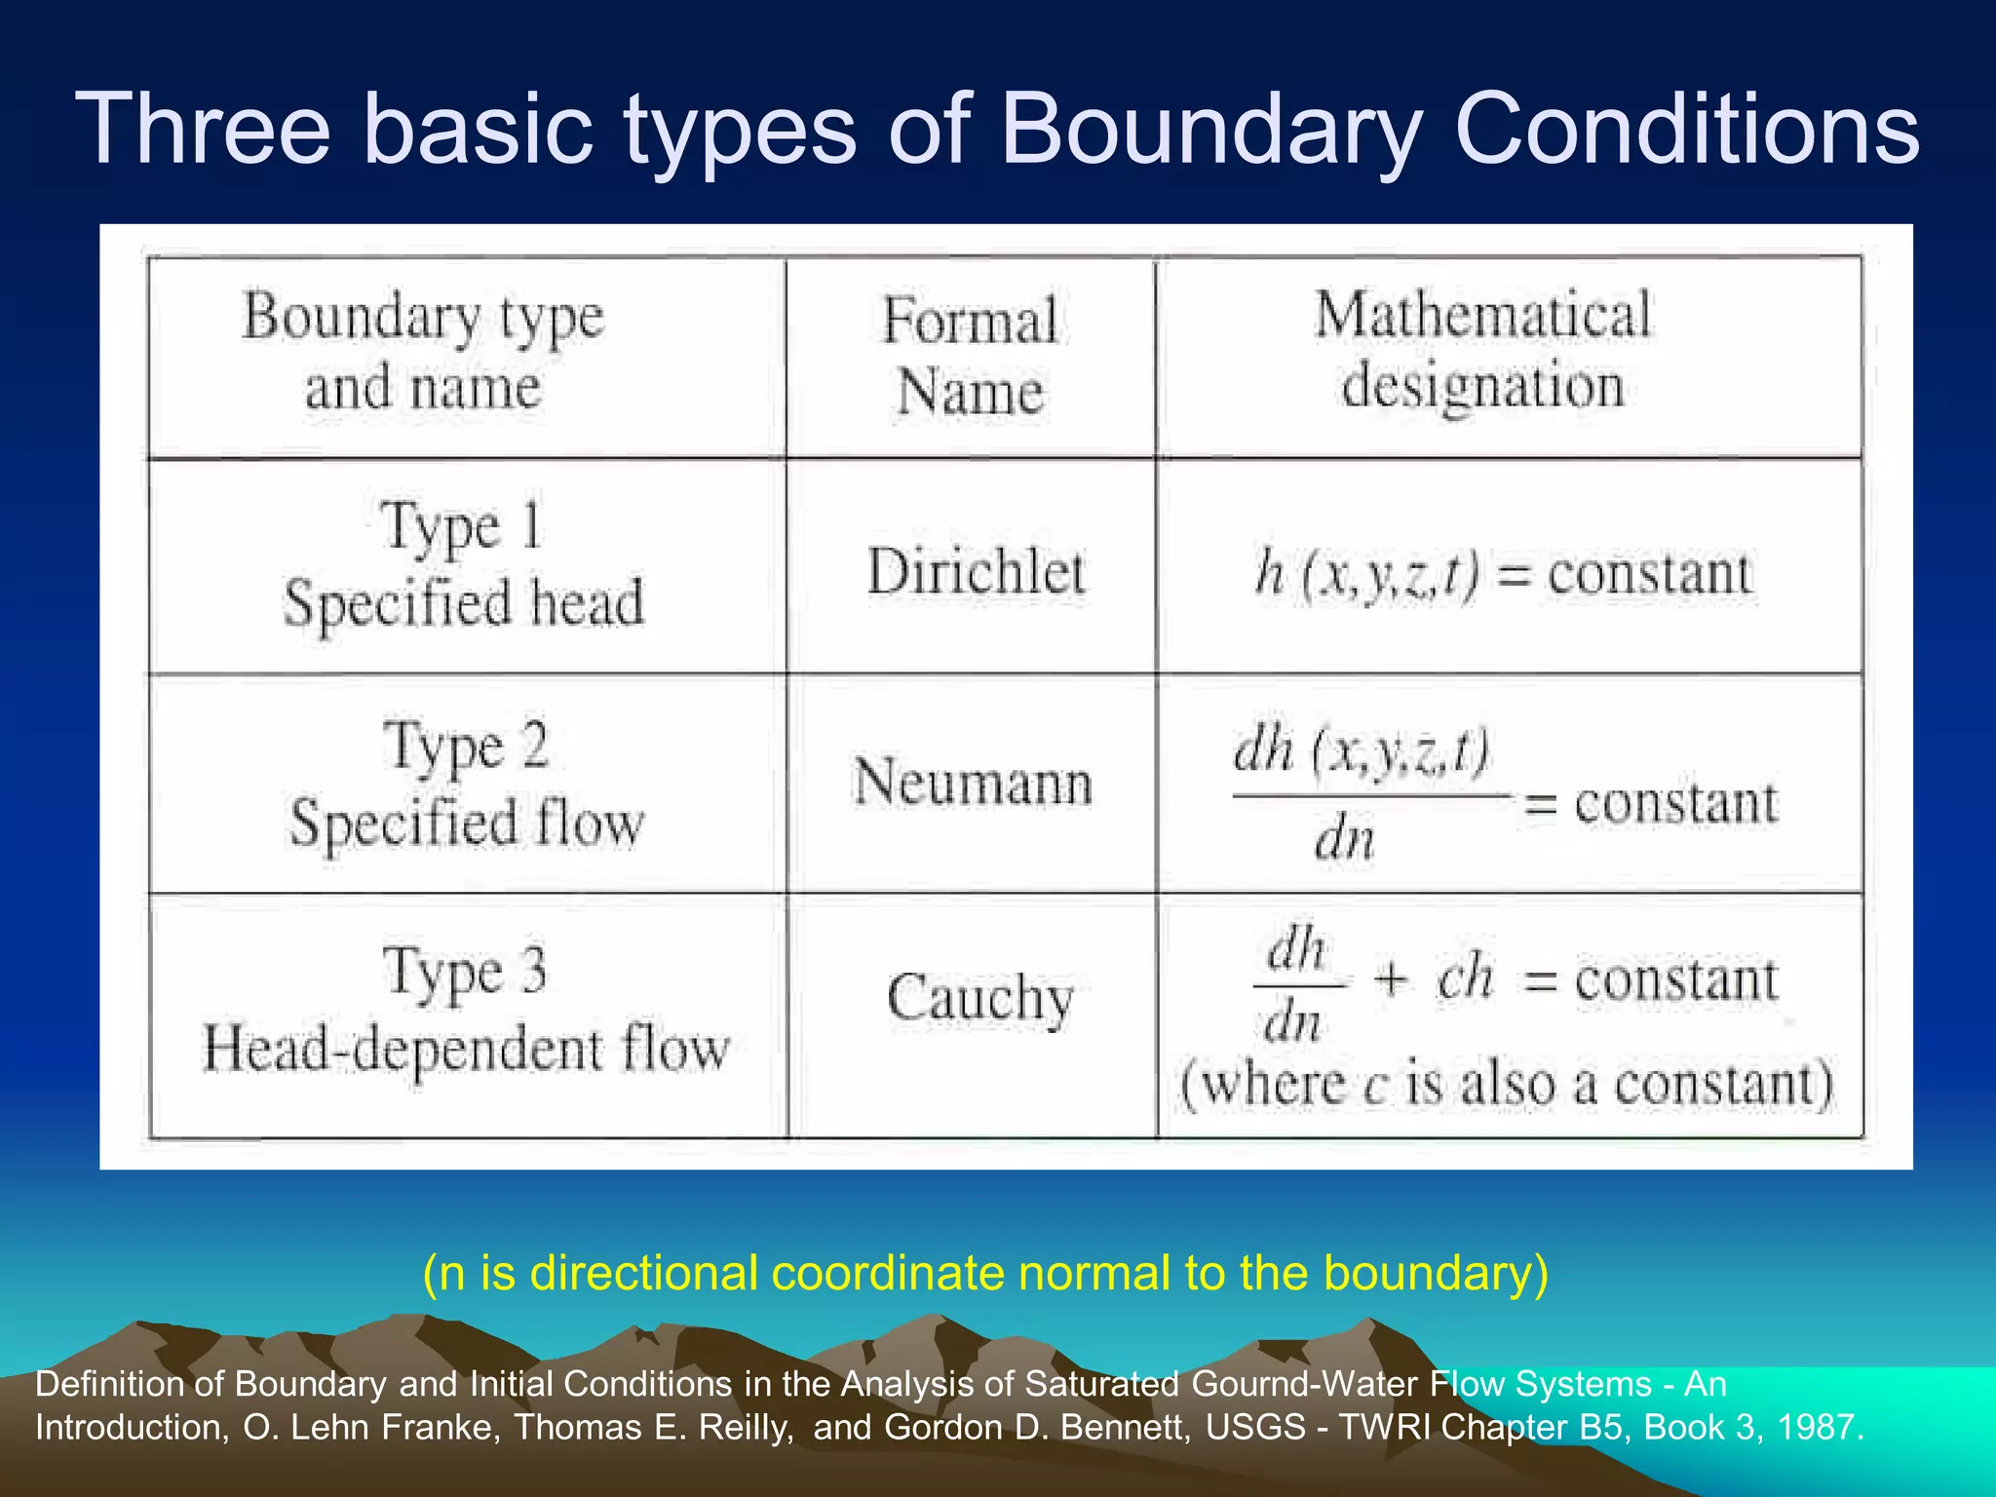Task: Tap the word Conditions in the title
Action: [x=1686, y=129]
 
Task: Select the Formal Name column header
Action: [x=970, y=356]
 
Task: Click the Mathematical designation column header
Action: [x=1482, y=351]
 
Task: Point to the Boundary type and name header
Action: [x=422, y=352]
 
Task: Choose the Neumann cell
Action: [x=973, y=783]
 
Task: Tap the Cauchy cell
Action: [x=979, y=998]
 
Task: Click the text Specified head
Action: [x=464, y=603]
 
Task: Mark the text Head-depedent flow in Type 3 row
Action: [x=466, y=1050]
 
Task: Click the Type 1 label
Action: [x=461, y=527]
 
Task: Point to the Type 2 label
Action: [x=466, y=747]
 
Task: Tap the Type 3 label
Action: [x=465, y=973]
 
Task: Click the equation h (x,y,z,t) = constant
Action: [x=1503, y=573]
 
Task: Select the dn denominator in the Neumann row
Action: [x=1344, y=839]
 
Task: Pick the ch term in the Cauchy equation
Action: [x=1464, y=978]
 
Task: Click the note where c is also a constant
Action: [x=1507, y=1084]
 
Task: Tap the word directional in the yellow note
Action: [x=643, y=1273]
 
